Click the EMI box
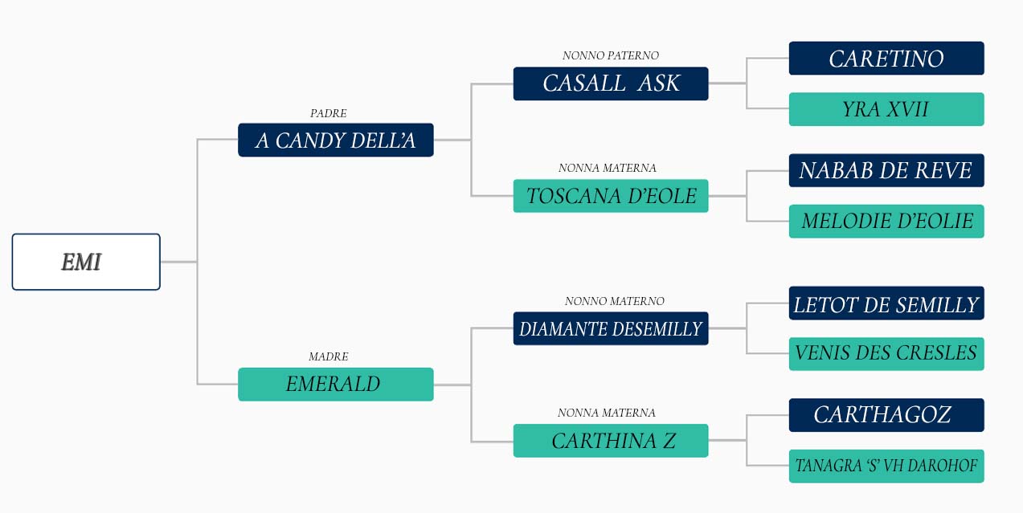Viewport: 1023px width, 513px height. [x=86, y=262]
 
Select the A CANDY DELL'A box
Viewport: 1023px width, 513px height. [x=336, y=140]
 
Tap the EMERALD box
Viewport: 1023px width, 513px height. [x=336, y=385]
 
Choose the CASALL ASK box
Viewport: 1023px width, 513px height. [x=611, y=83]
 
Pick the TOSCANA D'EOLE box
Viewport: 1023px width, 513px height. [x=611, y=196]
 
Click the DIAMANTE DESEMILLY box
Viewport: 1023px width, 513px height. [x=611, y=328]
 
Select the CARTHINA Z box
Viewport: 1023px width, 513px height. [x=611, y=441]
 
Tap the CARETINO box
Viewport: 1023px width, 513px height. [x=886, y=59]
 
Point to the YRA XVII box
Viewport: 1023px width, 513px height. [x=886, y=109]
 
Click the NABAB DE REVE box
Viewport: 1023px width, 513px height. [x=886, y=170]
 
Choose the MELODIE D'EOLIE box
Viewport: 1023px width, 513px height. [x=886, y=222]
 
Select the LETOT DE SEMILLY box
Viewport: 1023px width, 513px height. [x=886, y=303]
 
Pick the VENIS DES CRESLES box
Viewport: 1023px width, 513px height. [x=886, y=354]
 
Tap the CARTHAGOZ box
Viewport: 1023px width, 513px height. [x=886, y=415]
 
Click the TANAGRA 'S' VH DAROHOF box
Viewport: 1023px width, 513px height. [x=886, y=466]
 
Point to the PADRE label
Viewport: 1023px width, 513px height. [x=329, y=113]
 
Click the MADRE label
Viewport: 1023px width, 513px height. [x=329, y=356]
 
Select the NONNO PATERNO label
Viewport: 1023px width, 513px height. [x=611, y=55]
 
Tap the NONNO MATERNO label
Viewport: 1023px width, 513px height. [x=615, y=301]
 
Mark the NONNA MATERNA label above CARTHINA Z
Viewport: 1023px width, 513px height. [x=607, y=413]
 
